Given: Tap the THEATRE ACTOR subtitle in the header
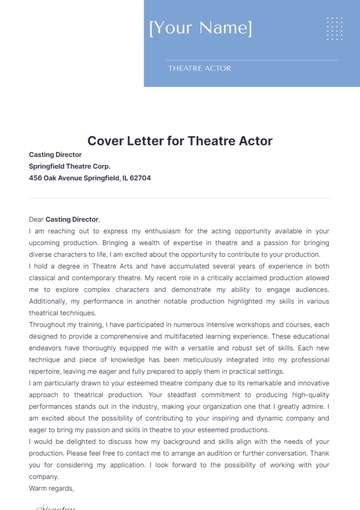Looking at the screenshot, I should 199,68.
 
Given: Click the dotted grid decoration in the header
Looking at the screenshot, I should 333,28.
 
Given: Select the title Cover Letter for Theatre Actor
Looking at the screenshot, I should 180,141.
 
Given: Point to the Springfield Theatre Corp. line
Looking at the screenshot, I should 70,166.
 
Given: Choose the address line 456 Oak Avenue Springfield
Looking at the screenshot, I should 90,177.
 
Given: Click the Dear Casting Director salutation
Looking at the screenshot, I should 64,218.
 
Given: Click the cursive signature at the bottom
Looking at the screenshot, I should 58,505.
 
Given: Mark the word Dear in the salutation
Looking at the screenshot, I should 37,218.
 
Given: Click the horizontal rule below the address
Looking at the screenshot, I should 180,197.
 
